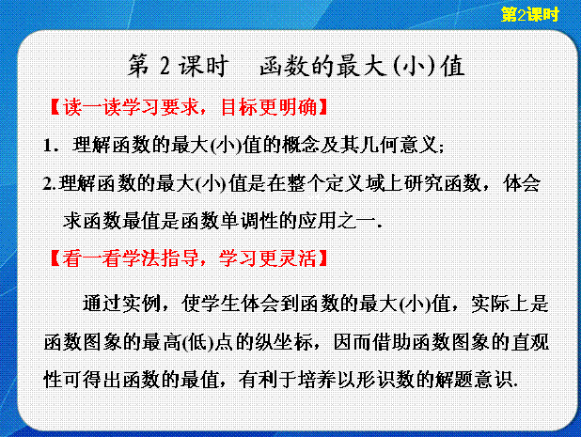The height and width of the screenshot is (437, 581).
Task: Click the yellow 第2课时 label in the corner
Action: coord(529,14)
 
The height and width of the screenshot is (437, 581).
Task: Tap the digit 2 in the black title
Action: coord(165,67)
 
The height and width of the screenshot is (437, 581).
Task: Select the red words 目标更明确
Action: coord(269,107)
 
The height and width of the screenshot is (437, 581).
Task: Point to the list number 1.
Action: coord(48,145)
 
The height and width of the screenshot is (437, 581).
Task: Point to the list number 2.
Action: coord(48,183)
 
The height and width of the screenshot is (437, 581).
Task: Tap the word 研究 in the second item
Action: coord(424,183)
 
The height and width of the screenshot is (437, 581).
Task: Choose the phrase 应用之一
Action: coord(337,221)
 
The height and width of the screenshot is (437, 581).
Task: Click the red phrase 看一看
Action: coord(92,258)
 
